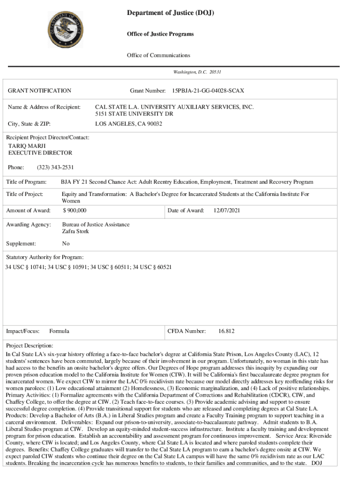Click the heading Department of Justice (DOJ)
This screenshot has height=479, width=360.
click(x=170, y=14)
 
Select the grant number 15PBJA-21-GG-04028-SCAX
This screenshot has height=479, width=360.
click(x=208, y=90)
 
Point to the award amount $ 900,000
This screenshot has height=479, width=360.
click(x=74, y=210)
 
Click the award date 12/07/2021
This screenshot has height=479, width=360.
click(x=227, y=210)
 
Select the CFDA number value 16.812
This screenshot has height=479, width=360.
click(x=226, y=331)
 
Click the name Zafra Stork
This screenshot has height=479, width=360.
click(x=75, y=231)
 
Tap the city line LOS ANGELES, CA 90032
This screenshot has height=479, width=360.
click(x=129, y=123)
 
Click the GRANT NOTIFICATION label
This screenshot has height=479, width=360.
click(x=40, y=90)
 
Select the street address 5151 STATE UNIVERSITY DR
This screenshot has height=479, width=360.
click(x=134, y=114)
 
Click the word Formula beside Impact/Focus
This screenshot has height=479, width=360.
click(x=59, y=331)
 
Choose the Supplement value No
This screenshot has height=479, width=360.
click(x=65, y=244)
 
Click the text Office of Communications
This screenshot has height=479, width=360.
click(x=158, y=55)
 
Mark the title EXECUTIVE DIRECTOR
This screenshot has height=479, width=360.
click(x=40, y=152)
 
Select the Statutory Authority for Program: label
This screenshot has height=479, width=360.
click(x=44, y=257)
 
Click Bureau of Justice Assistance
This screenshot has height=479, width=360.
click(x=96, y=225)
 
